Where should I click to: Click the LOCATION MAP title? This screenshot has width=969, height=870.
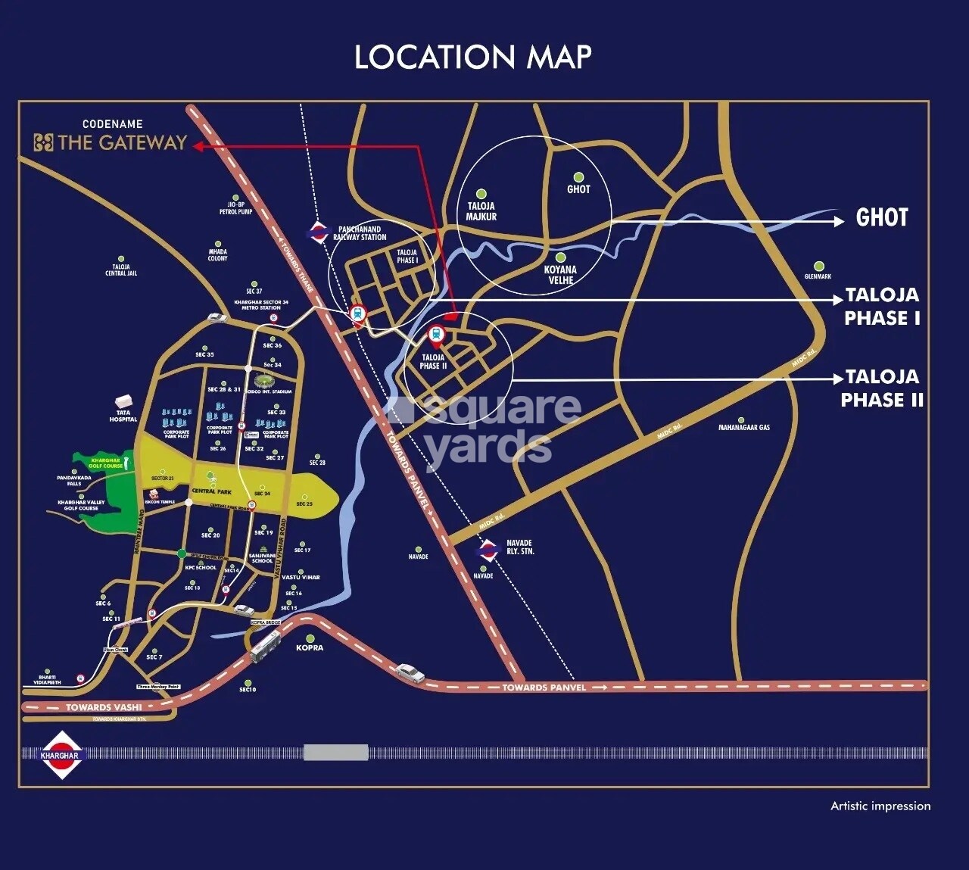pos(473,58)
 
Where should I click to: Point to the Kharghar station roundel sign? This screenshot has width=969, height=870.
pos(61,755)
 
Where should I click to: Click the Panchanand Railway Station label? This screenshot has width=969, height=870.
pos(360,233)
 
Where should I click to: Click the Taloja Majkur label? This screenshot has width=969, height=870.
pos(481,211)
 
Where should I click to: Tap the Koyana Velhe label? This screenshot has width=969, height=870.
pos(560,275)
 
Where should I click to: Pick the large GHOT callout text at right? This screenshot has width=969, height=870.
pos(881,218)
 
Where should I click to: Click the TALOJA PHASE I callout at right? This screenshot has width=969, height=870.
pos(882,307)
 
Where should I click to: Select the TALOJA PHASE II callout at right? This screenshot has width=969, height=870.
pos(882,388)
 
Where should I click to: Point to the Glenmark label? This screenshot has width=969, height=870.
pos(818,276)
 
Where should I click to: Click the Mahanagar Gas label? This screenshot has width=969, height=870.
pos(744,428)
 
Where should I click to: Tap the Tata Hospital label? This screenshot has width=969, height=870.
pos(123,416)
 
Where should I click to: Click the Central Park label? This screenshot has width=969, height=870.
pos(211,491)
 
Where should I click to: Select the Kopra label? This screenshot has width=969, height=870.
pos(310,647)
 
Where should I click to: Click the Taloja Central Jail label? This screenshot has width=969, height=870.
pos(121,270)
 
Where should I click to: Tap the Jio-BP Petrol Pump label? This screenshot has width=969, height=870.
pos(235,208)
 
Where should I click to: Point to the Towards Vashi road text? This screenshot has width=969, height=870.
pos(104,708)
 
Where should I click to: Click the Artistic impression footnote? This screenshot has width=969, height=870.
pos(880,806)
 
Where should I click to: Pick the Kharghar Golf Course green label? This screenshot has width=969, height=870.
pos(106,463)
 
